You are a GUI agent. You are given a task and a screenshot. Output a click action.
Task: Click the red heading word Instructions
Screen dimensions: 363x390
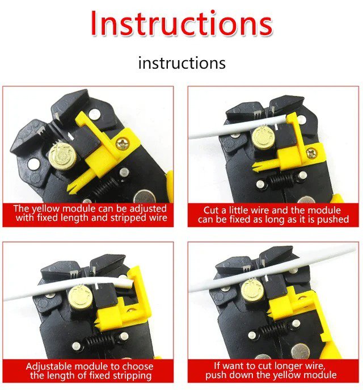coord(181,23)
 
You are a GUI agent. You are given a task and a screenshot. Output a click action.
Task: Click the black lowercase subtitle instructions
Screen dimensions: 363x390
coord(182,62)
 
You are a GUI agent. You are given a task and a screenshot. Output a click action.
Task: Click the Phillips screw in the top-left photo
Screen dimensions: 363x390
coord(123,144)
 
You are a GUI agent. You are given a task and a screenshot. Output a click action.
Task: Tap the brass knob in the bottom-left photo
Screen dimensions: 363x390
coord(80,297)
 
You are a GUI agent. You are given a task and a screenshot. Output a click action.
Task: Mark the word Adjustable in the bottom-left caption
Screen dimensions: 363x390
coord(49,367)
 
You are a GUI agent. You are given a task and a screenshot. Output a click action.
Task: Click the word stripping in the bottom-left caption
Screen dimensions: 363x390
coord(131,375)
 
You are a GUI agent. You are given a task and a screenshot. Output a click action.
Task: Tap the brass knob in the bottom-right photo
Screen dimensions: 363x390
coord(254,291)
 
